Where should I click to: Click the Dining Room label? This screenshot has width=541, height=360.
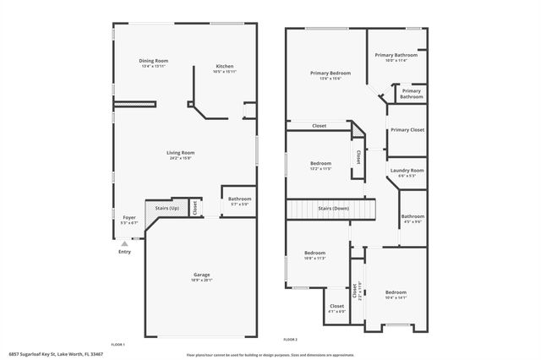click(154, 61)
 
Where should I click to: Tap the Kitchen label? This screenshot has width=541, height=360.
click(225, 66)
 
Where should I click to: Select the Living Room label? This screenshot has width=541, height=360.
click(181, 153)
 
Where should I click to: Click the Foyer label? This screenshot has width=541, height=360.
click(129, 218)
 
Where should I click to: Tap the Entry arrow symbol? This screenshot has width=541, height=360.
click(124, 243)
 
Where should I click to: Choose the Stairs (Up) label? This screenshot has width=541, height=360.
click(167, 208)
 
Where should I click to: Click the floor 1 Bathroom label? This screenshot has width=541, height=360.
click(240, 199)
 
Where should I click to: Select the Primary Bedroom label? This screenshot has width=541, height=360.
click(325, 74)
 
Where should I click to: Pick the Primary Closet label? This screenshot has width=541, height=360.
click(407, 129)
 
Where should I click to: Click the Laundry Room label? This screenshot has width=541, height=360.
click(407, 171)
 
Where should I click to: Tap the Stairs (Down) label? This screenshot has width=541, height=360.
click(333, 208)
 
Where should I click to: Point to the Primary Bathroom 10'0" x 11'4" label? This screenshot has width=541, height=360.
click(396, 60)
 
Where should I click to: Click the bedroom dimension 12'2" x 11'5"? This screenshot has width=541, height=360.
click(320, 168)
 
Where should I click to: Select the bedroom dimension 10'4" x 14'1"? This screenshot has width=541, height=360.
click(396, 297)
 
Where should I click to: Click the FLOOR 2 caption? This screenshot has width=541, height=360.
click(291, 338)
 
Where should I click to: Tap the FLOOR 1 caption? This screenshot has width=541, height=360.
click(117, 344)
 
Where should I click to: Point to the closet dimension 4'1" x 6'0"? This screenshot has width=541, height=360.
click(336, 312)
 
